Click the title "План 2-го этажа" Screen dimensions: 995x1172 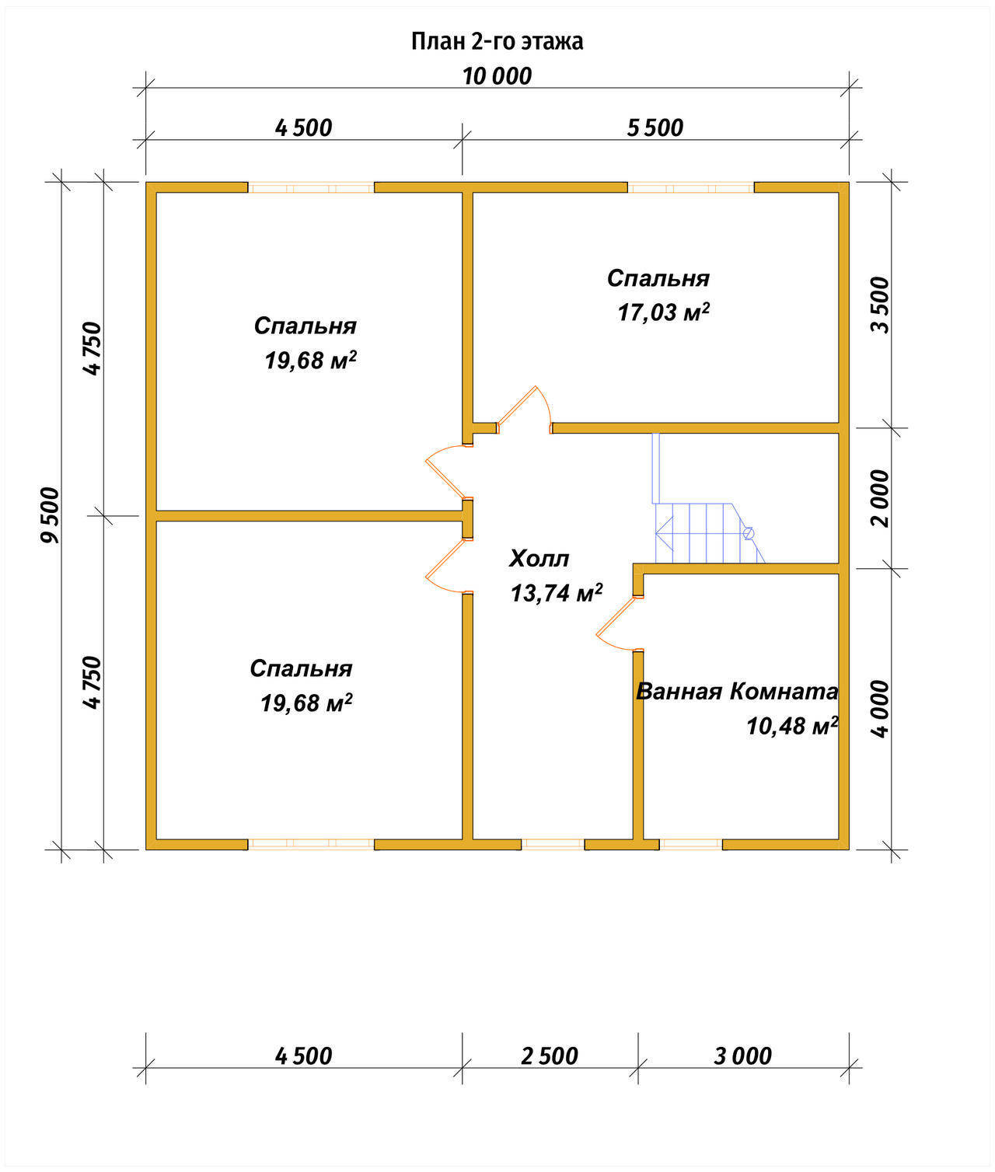(x=497, y=42)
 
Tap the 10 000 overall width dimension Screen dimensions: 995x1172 (x=497, y=76)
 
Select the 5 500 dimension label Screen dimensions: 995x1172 (x=655, y=128)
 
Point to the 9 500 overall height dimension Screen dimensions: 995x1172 (x=50, y=514)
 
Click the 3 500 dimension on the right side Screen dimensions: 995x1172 (x=881, y=305)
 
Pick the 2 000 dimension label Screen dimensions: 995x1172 (x=881, y=498)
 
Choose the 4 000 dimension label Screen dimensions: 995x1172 (x=881, y=709)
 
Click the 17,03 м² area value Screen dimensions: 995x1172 (x=664, y=312)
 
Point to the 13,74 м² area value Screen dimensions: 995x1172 (x=557, y=593)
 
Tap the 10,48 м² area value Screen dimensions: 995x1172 (x=792, y=726)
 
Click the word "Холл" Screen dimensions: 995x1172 (x=539, y=559)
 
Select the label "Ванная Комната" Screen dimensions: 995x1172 (x=737, y=692)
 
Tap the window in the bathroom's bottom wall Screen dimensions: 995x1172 (x=690, y=844)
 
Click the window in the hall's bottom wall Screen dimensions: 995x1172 (x=553, y=844)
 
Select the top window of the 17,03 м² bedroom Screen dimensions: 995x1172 (x=690, y=187)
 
